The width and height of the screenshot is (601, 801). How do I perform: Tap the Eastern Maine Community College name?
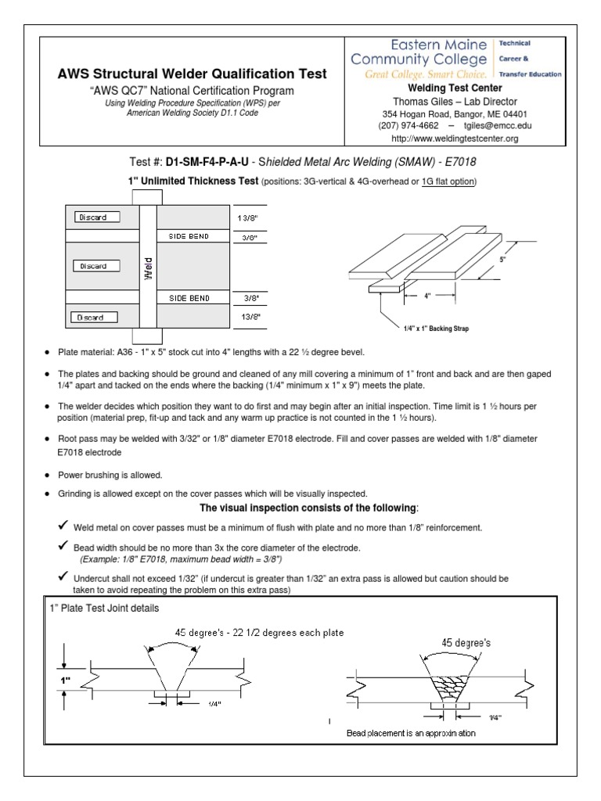tap(421, 52)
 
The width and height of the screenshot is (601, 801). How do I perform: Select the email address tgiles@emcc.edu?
tap(493, 124)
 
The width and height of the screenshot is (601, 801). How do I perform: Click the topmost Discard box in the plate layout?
tap(98, 217)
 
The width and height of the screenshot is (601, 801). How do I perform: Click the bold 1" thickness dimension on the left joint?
tap(67, 680)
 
